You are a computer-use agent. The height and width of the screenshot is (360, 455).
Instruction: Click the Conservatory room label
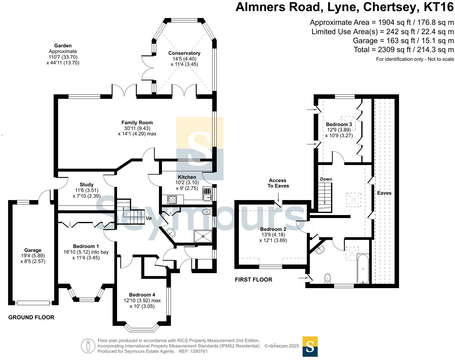[x=184, y=53]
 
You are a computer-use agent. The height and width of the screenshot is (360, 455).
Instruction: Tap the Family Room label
[x=137, y=122]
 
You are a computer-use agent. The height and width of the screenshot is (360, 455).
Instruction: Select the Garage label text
[x=33, y=250]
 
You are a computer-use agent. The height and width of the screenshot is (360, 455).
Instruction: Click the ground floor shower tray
[x=203, y=236]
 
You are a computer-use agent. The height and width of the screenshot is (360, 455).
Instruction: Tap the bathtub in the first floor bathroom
[x=363, y=268]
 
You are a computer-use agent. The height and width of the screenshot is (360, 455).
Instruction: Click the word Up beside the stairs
[x=149, y=218]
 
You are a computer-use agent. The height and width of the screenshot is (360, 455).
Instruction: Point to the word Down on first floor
[x=326, y=179]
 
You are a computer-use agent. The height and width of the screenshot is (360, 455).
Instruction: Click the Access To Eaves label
[x=277, y=183]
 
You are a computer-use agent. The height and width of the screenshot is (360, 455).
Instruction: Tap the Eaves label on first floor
[x=384, y=193]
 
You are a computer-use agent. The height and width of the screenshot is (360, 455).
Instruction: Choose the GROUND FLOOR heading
[x=31, y=317]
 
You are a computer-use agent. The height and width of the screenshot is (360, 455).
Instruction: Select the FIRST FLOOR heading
[x=254, y=280]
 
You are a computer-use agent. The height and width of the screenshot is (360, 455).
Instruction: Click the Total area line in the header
[x=404, y=50]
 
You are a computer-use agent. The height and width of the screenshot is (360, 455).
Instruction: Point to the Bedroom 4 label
[x=142, y=295]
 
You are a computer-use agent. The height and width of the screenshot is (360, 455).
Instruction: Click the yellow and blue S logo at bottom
[x=310, y=347]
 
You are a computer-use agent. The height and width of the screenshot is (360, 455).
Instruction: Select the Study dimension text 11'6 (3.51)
[x=87, y=190]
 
